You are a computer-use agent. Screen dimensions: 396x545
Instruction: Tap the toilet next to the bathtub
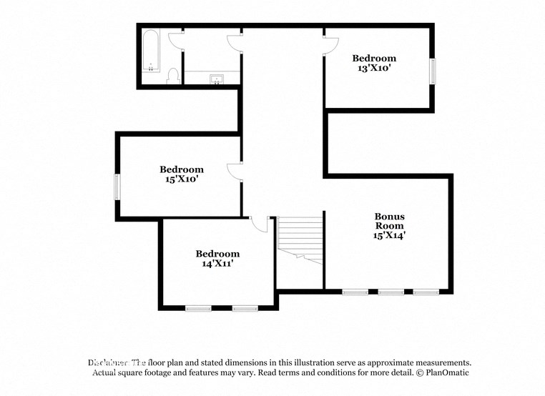click(172, 75)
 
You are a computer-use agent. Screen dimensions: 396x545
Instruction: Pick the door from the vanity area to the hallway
click(235, 44)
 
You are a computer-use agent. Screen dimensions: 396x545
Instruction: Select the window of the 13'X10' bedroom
click(432, 71)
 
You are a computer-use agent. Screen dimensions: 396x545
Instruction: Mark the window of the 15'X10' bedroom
click(118, 187)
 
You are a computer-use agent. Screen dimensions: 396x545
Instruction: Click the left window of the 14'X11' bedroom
click(198, 308)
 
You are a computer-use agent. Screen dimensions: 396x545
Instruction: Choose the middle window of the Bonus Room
click(391, 292)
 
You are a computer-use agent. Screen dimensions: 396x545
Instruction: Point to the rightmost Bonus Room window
click(426, 292)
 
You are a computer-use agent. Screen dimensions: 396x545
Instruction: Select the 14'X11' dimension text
click(217, 264)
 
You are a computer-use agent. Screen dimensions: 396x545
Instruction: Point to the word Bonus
click(389, 216)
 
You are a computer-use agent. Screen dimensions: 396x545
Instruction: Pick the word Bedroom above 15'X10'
click(181, 169)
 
